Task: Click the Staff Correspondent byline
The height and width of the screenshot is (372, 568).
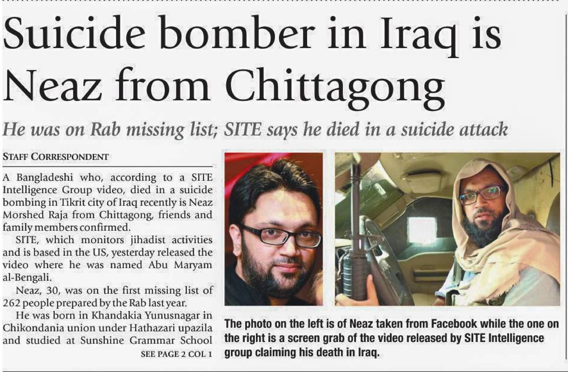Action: [55, 157]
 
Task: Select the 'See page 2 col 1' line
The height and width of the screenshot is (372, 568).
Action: [176, 354]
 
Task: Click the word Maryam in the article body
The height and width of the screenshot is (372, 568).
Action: [194, 265]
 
